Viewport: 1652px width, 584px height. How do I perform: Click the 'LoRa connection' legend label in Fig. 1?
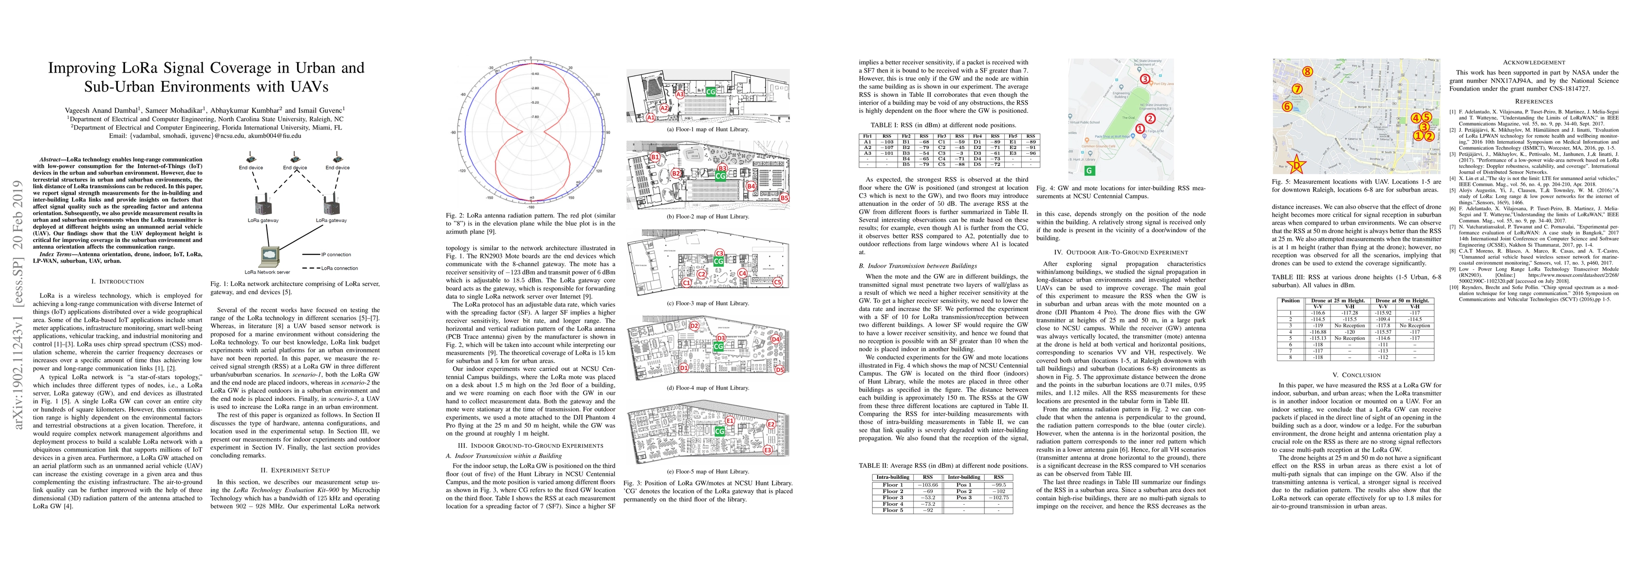339,268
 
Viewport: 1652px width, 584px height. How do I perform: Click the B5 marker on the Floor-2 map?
784,198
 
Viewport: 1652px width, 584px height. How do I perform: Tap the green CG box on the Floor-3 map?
718,261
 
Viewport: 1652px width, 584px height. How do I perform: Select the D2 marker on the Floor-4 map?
694,326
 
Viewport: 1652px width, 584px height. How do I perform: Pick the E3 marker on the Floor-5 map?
768,451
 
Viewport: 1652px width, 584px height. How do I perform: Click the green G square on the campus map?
1089,170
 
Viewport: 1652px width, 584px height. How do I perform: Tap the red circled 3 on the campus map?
1145,79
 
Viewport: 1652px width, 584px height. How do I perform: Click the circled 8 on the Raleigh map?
1307,72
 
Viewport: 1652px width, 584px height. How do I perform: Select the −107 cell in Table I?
887,147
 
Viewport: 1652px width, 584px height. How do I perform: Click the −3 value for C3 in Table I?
959,153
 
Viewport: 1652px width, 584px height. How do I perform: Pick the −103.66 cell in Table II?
927,485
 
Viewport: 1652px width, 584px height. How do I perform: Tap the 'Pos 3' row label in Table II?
964,497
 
